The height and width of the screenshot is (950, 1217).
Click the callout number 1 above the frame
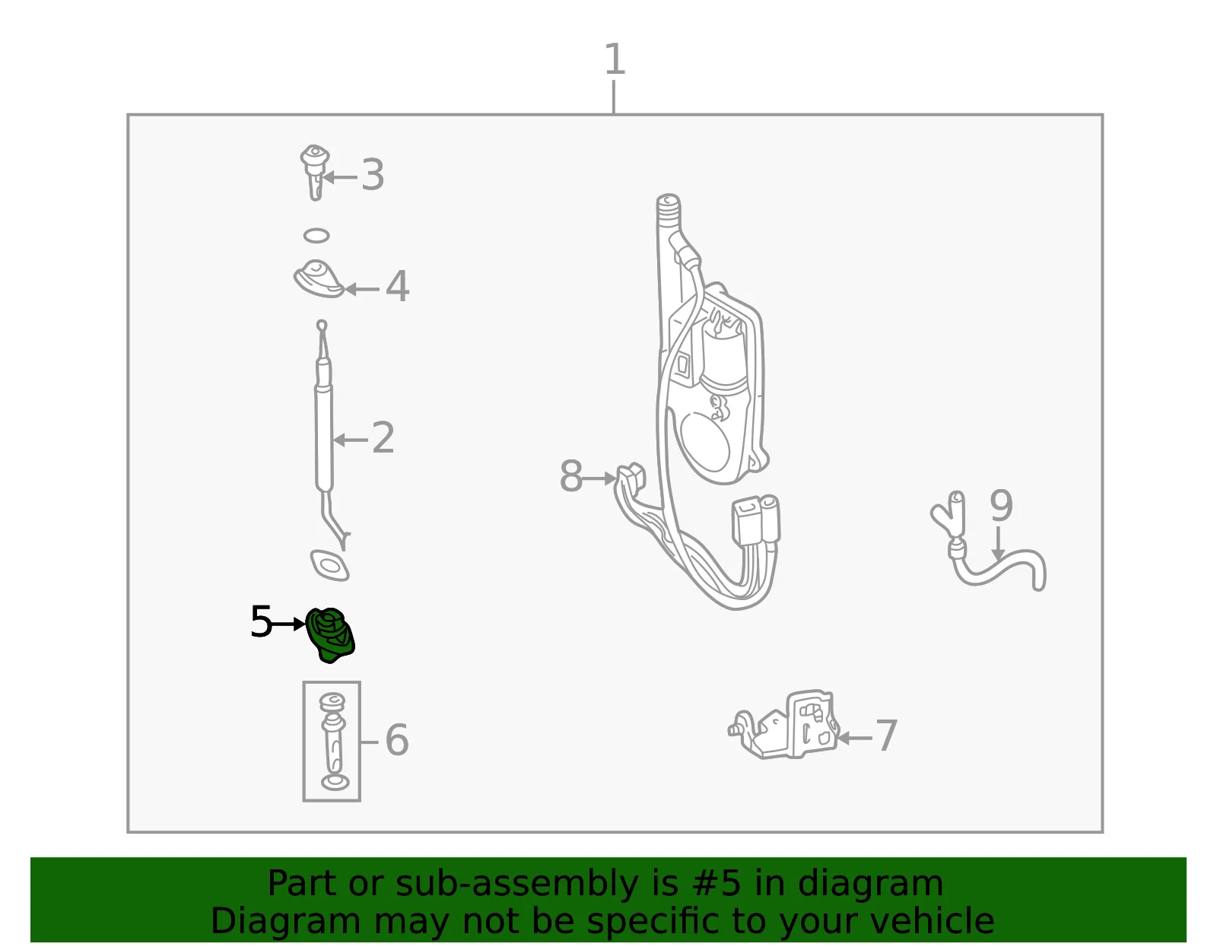615,59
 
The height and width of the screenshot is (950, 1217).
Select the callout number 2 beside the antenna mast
383,438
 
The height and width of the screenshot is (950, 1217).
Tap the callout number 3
373,175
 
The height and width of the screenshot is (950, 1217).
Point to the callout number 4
398,287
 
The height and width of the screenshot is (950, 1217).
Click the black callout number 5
261,621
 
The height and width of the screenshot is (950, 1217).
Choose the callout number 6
397,739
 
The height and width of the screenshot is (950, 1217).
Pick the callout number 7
886,736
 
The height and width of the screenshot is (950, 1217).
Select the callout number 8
571,476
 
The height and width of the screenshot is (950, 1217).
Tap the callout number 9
1002,506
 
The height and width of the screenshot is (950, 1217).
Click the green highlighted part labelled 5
330,635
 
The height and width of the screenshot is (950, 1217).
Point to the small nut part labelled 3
315,171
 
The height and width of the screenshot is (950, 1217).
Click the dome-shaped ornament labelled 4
319,278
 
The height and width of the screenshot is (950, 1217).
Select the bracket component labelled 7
784,726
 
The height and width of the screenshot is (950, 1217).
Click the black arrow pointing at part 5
288,624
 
